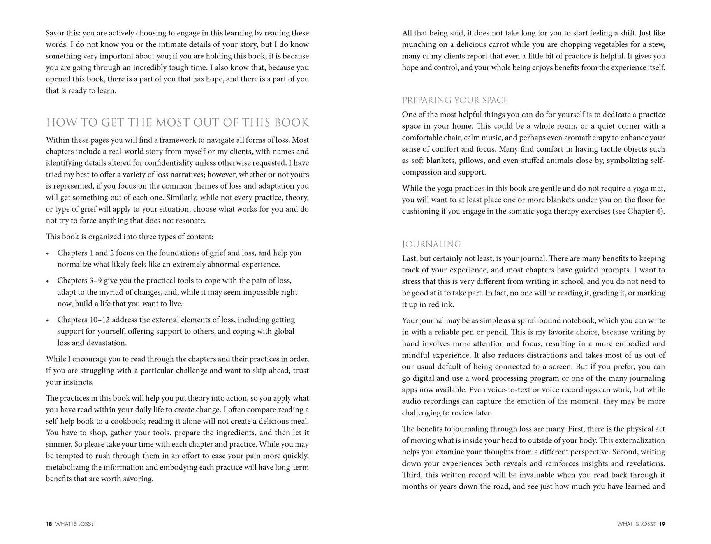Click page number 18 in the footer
pyautogui.click(x=49, y=524)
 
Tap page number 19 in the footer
pyautogui.click(x=662, y=524)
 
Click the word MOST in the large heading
pyautogui.click(x=173, y=123)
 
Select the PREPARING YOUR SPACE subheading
pyautogui.click(x=455, y=101)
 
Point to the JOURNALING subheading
pyautogui.click(x=431, y=244)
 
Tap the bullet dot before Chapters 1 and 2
pyautogui.click(x=48, y=253)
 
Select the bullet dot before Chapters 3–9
pyautogui.click(x=48, y=281)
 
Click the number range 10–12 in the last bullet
pyautogui.click(x=100, y=320)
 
